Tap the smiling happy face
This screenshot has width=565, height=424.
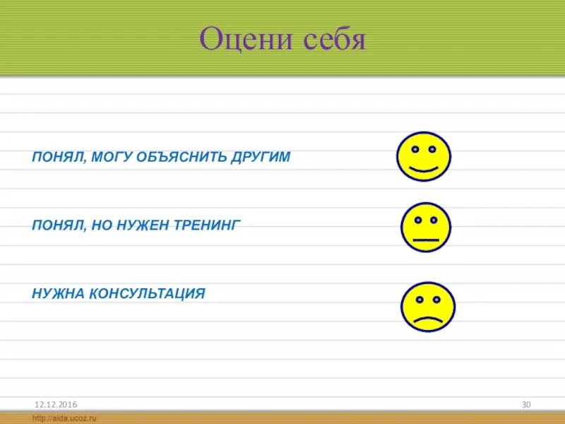tap(424, 156)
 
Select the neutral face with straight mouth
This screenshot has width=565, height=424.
tap(426, 228)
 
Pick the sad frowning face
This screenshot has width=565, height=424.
tap(428, 307)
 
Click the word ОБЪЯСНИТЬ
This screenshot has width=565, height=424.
tap(179, 157)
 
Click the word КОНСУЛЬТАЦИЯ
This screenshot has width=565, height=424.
tap(147, 293)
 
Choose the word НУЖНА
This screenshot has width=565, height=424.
tap(58, 293)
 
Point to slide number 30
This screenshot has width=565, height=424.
tap(526, 404)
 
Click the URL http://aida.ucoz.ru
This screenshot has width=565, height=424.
tap(64, 418)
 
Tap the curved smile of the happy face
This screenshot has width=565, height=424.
tap(424, 170)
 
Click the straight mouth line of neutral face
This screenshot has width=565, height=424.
tap(426, 240)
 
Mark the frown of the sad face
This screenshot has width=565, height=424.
tap(428, 319)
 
